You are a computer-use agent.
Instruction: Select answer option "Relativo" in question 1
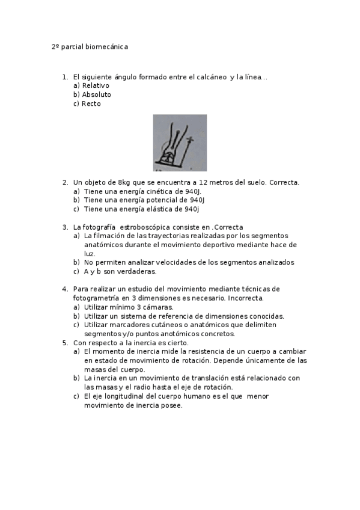pyautogui.click(x=95, y=86)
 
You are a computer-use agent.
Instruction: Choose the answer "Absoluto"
pyautogui.click(x=96, y=95)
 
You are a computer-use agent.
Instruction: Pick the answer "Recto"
pyautogui.click(x=91, y=104)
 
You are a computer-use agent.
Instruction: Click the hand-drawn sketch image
pyautogui.click(x=180, y=143)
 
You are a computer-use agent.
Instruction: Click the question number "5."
pyautogui.click(x=66, y=343)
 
